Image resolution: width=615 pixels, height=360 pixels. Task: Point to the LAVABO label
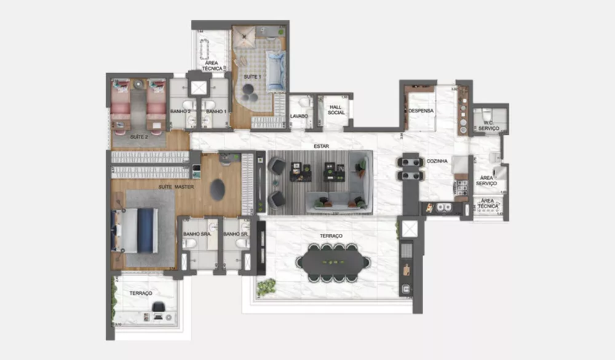click(x=298, y=116)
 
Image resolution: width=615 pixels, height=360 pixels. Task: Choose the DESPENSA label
click(x=421, y=111)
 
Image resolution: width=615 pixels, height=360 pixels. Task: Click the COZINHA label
click(x=437, y=161)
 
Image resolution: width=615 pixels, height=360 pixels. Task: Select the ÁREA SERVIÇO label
click(x=490, y=182)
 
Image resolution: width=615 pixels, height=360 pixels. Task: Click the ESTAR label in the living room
click(x=320, y=146)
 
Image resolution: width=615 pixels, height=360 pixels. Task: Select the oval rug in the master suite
click(x=217, y=190)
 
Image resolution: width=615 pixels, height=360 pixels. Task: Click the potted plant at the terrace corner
click(x=266, y=286)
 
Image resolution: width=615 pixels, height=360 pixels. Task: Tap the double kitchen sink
click(x=445, y=208)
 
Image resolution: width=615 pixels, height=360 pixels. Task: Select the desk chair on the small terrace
click(x=159, y=306)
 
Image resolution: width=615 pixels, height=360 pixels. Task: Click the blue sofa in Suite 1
click(x=275, y=71)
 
